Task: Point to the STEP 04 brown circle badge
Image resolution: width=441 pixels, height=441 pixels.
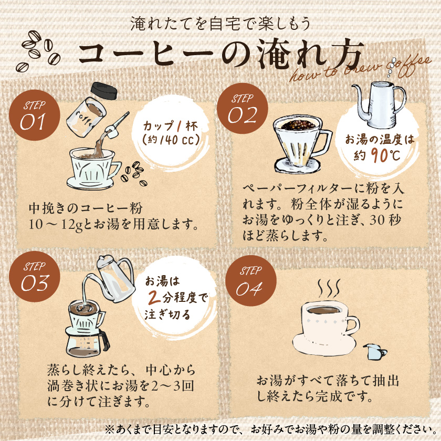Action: coord(249,281)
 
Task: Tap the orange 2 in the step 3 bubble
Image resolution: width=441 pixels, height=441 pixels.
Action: coord(153,300)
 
